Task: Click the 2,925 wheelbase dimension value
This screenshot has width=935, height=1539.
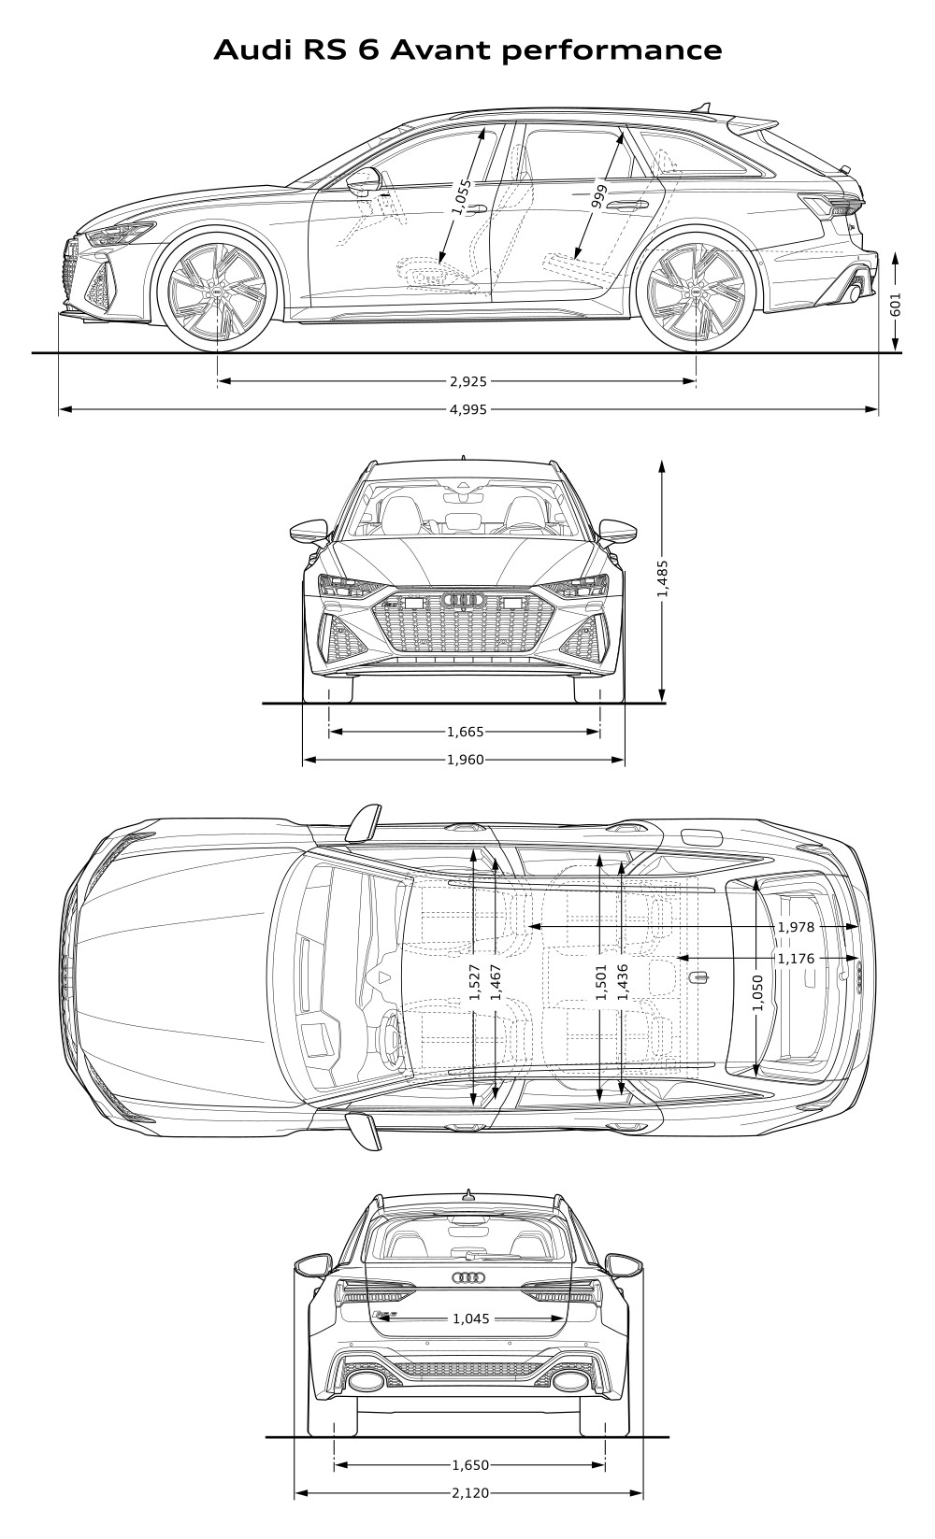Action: tap(468, 380)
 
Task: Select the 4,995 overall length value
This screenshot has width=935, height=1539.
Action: tap(468, 409)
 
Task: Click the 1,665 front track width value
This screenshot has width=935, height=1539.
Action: tap(466, 732)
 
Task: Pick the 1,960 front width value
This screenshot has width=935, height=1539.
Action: tap(466, 760)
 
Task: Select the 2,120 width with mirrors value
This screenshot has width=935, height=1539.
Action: tap(470, 1512)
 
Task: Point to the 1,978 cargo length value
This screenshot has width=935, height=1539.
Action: tap(796, 927)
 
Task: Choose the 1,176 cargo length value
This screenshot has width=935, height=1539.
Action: tap(796, 959)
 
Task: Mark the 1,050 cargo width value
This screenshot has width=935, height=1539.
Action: tap(757, 992)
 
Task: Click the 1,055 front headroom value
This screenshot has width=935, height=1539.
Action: tap(463, 197)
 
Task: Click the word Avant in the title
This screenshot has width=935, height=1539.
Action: tap(442, 50)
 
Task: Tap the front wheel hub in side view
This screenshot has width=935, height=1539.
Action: tap(218, 292)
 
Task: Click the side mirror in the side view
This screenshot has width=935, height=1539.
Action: tap(365, 180)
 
